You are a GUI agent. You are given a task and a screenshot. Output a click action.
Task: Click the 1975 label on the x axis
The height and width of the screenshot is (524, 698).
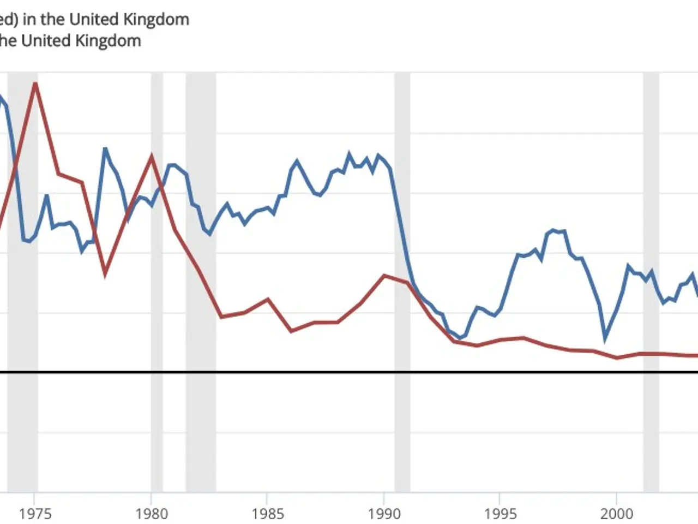(35, 514)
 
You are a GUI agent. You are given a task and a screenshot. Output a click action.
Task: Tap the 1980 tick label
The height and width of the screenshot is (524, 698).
(151, 514)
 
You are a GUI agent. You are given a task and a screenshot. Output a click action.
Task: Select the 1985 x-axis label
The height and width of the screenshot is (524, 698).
(267, 514)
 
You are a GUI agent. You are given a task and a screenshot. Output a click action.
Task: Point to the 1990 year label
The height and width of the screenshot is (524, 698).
(384, 514)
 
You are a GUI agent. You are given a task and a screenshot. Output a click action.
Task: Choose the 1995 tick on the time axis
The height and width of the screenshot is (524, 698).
(500, 514)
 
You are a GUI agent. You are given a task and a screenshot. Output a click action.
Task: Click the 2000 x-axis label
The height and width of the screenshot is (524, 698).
(617, 514)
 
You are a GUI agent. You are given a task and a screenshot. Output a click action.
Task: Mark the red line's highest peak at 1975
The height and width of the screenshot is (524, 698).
(35, 84)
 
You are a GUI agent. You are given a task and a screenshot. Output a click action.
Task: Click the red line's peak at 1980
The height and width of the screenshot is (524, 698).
(152, 157)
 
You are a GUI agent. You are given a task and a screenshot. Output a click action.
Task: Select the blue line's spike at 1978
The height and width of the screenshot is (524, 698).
(105, 148)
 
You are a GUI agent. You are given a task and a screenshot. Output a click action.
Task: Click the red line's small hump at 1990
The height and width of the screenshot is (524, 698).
(384, 275)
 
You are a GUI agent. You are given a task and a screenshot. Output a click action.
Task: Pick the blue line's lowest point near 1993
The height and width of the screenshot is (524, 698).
(460, 338)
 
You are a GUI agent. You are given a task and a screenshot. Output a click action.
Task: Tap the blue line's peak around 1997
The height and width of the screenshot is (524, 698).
(553, 230)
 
